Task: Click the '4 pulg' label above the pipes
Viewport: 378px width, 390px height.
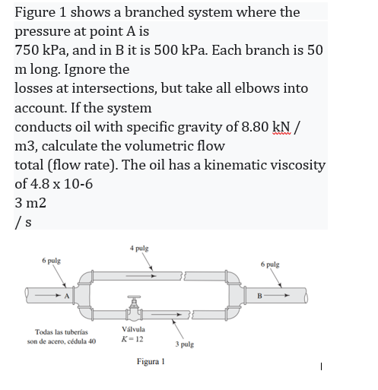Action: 139,248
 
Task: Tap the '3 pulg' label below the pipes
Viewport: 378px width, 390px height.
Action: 184,344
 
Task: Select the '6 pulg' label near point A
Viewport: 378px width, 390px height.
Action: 52,260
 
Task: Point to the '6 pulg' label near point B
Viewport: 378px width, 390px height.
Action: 269,264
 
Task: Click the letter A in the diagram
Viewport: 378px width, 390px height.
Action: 67,296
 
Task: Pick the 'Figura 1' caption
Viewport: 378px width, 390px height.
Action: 151,362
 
